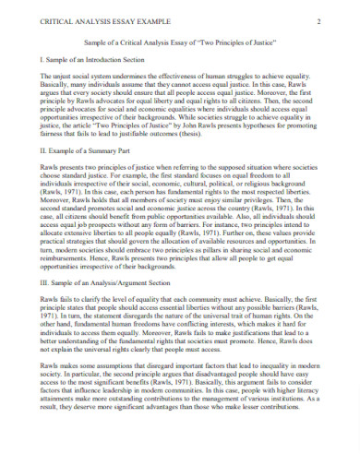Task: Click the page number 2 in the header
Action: tap(317, 21)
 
